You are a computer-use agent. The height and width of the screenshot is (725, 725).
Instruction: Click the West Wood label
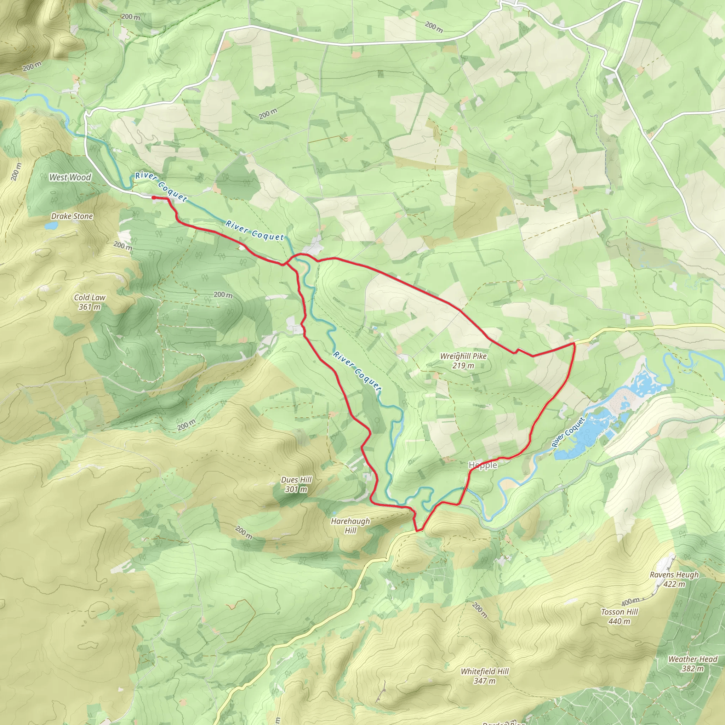point(70,177)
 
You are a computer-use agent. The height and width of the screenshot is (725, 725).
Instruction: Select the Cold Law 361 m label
point(90,302)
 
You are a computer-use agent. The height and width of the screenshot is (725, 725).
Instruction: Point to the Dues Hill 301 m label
point(296,484)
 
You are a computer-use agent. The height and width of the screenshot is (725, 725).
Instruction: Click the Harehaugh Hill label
point(350,525)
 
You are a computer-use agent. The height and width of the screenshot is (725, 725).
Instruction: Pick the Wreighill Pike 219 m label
point(463,361)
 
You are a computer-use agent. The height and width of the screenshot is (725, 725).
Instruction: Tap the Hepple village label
point(483,465)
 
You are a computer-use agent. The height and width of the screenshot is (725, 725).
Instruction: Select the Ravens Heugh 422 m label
point(674,579)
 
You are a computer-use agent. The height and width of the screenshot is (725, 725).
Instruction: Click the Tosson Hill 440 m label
point(619,616)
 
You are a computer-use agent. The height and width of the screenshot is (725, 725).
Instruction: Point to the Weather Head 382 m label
point(692,663)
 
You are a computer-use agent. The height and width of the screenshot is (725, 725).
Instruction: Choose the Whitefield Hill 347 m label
point(485,676)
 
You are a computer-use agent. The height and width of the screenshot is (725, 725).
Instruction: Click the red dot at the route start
point(154,198)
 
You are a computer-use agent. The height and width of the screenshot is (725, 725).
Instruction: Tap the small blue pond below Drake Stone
point(51,226)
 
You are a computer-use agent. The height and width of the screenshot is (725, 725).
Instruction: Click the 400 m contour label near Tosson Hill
point(630,602)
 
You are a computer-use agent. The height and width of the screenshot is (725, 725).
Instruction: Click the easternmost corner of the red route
point(574,343)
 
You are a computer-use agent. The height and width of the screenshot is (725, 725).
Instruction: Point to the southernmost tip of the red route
point(417,531)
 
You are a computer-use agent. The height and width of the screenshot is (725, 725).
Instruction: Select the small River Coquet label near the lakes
point(568,432)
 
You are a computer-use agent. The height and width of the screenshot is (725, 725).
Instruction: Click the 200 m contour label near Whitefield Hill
point(480,610)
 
